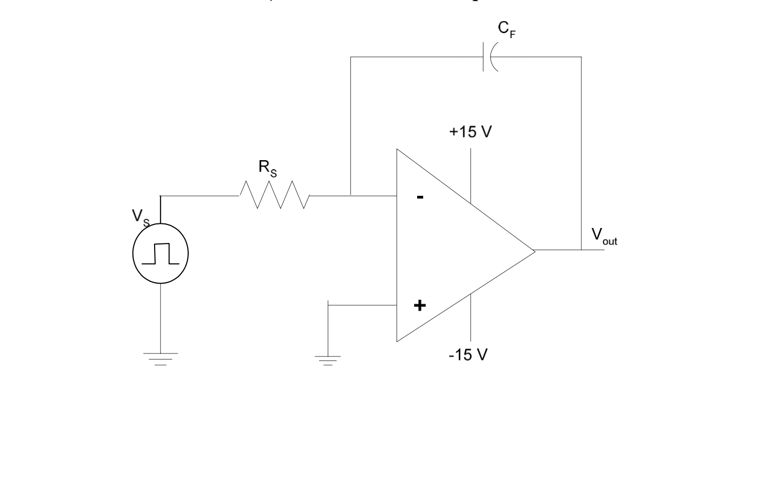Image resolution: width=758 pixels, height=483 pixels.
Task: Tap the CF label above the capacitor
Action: (507, 29)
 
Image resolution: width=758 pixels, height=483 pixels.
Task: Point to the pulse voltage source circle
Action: (161, 254)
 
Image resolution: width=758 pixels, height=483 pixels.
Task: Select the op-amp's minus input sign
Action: (420, 197)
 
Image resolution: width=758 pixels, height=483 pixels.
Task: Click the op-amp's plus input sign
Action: (420, 305)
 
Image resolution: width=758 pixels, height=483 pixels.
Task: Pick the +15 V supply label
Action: (470, 132)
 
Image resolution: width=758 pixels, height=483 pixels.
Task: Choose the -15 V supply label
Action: (468, 355)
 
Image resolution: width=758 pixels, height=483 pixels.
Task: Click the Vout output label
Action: (603, 236)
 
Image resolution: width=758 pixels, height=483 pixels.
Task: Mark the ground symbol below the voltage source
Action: (161, 358)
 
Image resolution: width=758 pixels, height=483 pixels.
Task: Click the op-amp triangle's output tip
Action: (535, 250)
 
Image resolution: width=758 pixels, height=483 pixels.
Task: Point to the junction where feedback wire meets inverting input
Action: (350, 195)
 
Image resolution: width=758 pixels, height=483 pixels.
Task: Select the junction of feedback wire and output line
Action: (581, 250)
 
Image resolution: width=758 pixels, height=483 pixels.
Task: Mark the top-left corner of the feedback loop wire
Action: (350, 57)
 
